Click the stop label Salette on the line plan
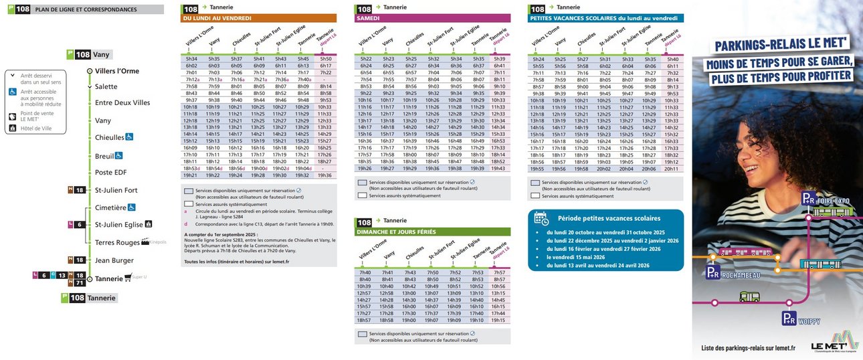tap(106, 86)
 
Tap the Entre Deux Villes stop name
tap(122, 103)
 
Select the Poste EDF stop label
tap(111, 172)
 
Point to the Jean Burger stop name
tap(114, 260)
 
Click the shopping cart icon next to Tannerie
tap(127, 278)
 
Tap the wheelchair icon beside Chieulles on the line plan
tap(130, 137)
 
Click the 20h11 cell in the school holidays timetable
tap(672, 169)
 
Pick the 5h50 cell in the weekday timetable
tap(325, 58)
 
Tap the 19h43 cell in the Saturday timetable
tap(498, 169)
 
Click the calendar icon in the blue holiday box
tap(541, 217)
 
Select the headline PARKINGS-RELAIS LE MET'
tap(780, 45)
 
